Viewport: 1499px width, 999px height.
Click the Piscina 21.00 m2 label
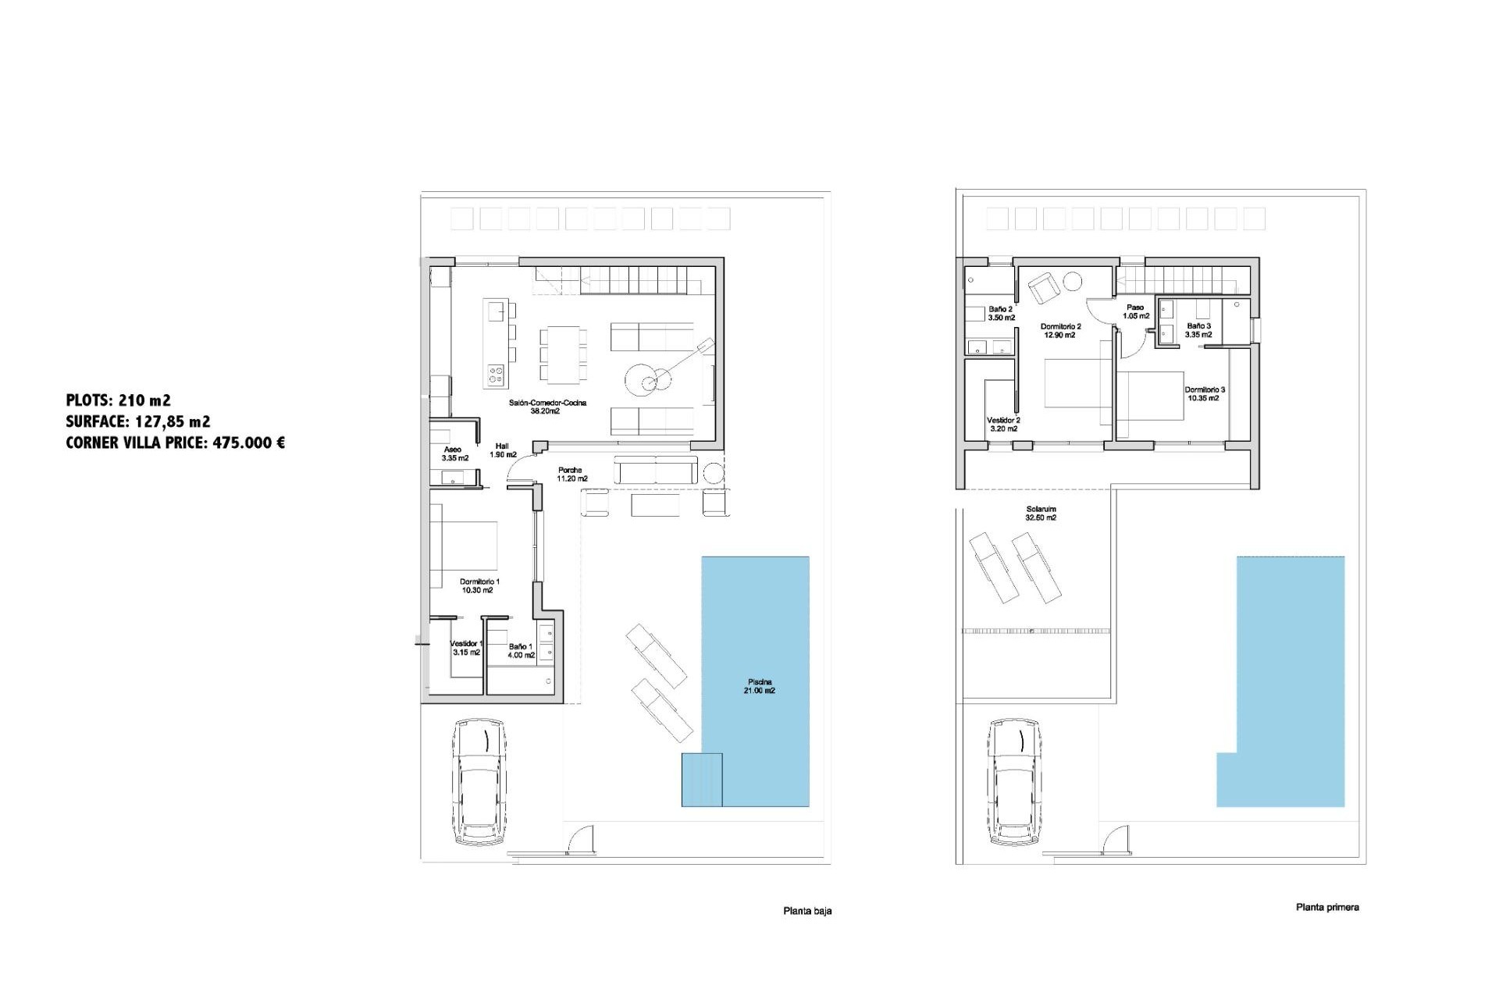(760, 686)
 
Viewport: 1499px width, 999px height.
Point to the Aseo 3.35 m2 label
(454, 454)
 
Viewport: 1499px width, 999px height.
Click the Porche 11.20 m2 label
(572, 475)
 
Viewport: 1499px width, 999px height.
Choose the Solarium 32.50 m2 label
(1041, 514)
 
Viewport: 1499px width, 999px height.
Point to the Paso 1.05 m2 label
(1135, 312)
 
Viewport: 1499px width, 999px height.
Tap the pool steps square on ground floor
(701, 779)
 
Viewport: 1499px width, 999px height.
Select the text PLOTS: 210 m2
(119, 400)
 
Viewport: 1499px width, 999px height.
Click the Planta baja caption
(807, 911)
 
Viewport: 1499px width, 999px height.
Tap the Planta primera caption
(1327, 907)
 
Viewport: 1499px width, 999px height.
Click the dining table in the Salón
(563, 355)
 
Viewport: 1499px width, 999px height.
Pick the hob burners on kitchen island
(496, 375)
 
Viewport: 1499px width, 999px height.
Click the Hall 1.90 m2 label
(503, 450)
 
